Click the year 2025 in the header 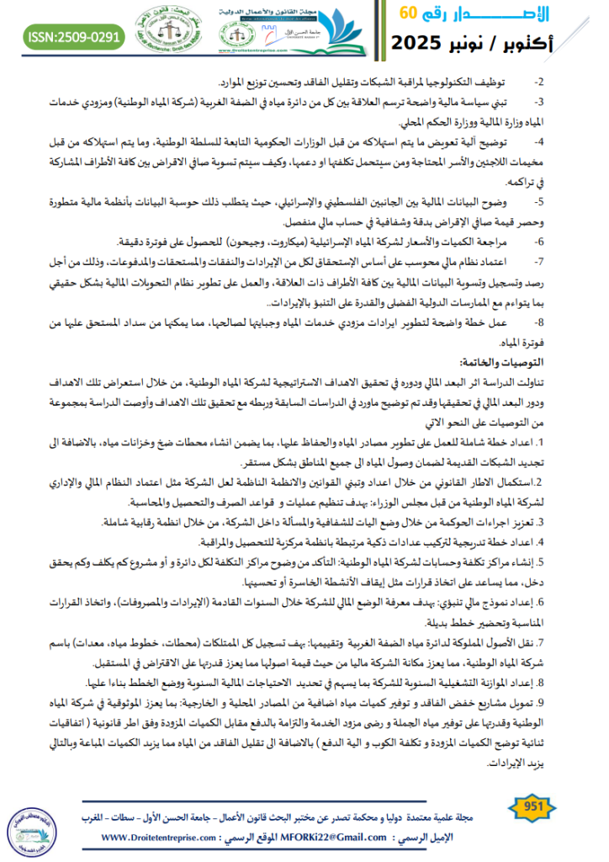pos(423,41)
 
